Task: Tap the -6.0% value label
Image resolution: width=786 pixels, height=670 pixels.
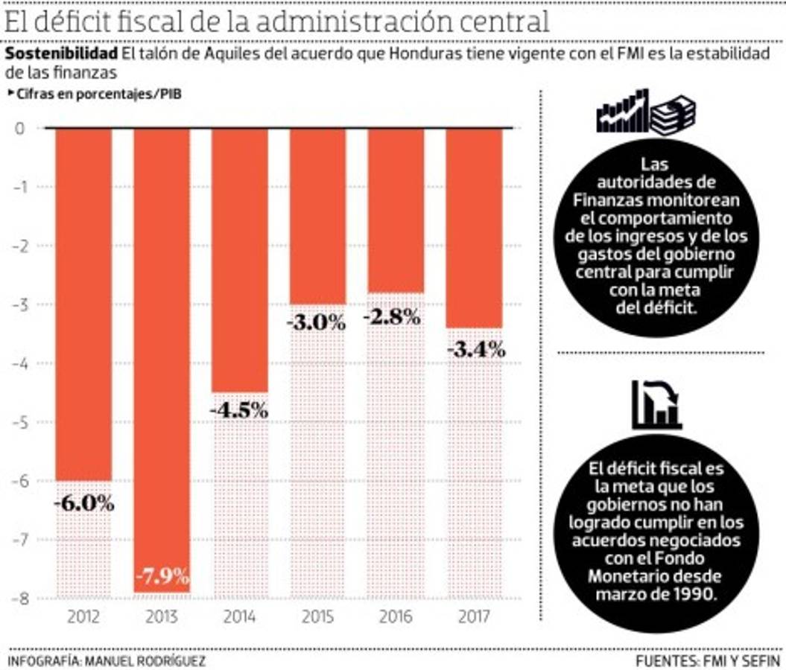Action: click(83, 503)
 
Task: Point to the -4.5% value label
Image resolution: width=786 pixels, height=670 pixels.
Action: click(238, 410)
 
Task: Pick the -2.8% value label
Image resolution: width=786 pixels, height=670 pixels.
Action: click(392, 316)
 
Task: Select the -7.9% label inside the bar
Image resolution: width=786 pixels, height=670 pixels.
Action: click(162, 576)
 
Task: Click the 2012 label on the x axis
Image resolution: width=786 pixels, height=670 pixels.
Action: click(83, 616)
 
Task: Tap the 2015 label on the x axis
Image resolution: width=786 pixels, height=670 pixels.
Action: click(317, 616)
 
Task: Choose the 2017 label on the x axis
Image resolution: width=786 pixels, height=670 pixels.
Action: click(475, 616)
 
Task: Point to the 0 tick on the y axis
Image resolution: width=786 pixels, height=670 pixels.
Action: click(20, 128)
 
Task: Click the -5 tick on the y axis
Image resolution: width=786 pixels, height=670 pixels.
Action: click(17, 422)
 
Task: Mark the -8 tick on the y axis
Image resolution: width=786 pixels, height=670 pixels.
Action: click(17, 599)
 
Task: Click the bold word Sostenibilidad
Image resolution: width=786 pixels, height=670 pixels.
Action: click(61, 54)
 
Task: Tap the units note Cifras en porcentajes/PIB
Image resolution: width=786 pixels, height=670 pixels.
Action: click(97, 95)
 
